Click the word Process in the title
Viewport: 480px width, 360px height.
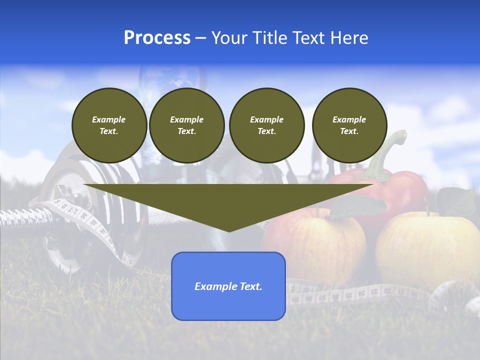tap(157, 38)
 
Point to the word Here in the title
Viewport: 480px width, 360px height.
tap(350, 38)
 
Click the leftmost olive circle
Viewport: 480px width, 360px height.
tap(109, 125)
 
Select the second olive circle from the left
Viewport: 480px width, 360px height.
tap(186, 125)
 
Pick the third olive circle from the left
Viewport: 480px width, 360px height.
tap(266, 125)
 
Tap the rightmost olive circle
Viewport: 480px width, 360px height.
tap(349, 125)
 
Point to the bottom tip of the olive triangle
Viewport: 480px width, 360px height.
tap(229, 230)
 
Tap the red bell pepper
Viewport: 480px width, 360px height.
tap(400, 187)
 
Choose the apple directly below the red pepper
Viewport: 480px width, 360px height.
tap(315, 240)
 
